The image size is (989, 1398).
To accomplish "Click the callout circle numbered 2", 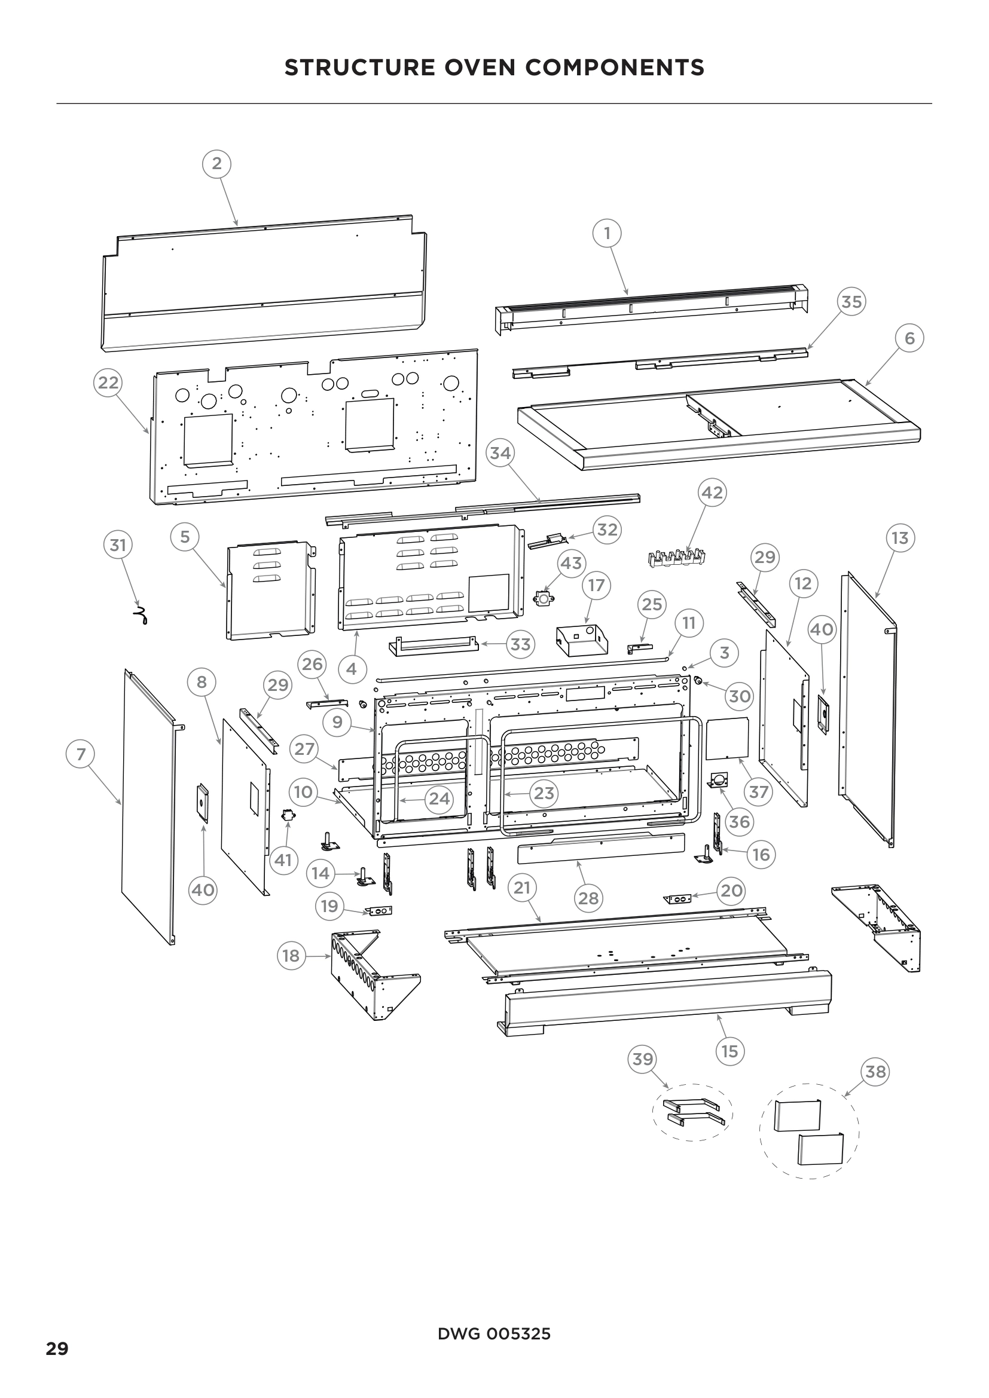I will coord(217,164).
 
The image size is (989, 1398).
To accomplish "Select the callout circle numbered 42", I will coord(713,492).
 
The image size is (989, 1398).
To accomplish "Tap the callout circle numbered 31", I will coord(118,544).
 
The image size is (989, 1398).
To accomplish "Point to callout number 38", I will coord(875,1071).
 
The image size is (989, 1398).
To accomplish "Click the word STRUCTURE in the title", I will coord(359,68).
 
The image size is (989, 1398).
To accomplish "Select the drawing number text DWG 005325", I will coord(494,1334).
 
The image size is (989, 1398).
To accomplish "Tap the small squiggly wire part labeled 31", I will coord(141,616).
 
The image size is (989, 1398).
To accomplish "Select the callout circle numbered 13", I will coord(899,538).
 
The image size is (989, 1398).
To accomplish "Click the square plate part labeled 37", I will coord(726,738).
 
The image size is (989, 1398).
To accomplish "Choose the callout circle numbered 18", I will coord(291,956).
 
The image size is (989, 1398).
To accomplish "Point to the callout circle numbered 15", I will coord(729,1051).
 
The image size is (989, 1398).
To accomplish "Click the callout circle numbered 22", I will coord(108,383).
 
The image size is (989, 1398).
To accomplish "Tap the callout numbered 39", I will coord(642,1059).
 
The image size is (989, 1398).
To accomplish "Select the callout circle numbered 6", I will coord(909,338).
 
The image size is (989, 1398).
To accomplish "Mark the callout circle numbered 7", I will coord(80,754).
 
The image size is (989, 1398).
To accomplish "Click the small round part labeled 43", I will coord(543,599).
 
